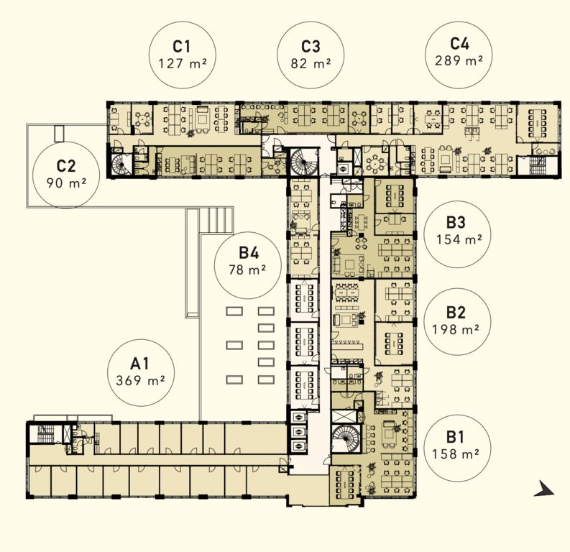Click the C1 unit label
click(x=181, y=47)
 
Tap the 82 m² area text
click(x=311, y=63)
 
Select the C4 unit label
click(x=459, y=43)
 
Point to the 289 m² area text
click(x=459, y=60)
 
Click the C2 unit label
click(x=66, y=166)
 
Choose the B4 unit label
click(x=249, y=252)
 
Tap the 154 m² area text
click(x=459, y=239)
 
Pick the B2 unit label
click(x=456, y=312)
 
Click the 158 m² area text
click(x=456, y=454)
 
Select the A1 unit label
click(x=140, y=364)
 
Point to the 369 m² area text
click(x=140, y=380)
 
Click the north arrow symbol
click(x=544, y=489)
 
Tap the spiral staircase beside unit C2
click(x=121, y=165)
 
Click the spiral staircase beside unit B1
click(x=346, y=438)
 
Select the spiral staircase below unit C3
click(x=304, y=162)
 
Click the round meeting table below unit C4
click(x=375, y=162)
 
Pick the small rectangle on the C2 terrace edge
click(x=59, y=134)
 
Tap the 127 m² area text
click(x=183, y=63)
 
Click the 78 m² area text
click(x=247, y=270)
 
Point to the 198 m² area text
click(x=456, y=329)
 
